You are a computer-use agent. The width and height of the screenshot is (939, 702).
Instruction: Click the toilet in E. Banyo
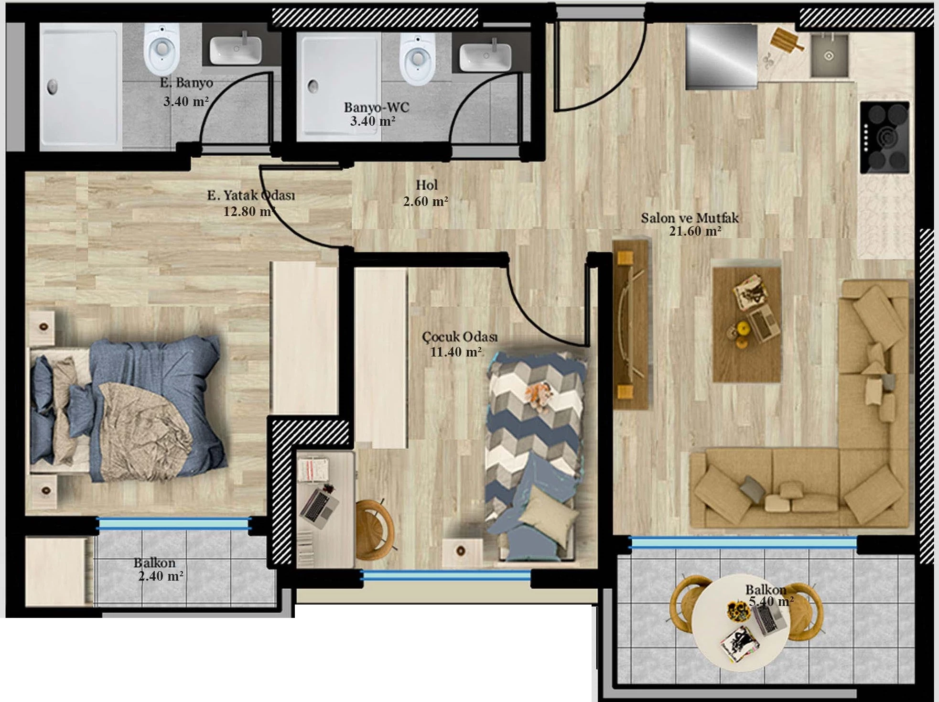pyautogui.click(x=162, y=46)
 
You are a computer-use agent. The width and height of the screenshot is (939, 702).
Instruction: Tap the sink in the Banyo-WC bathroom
pyautogui.click(x=485, y=57)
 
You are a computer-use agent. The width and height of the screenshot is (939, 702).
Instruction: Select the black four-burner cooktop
pyautogui.click(x=885, y=137)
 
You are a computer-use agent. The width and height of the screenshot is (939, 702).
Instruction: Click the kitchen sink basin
pyautogui.click(x=829, y=55)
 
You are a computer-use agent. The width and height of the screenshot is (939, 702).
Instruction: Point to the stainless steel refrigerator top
pyautogui.click(x=722, y=57)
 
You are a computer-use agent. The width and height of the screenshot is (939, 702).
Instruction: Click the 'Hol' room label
pyautogui.click(x=426, y=185)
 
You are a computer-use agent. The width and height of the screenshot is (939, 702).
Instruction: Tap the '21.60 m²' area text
pyautogui.click(x=695, y=232)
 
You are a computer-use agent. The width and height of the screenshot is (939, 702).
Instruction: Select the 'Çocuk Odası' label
pyautogui.click(x=460, y=336)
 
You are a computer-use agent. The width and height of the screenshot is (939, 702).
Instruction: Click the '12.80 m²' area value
pyautogui.click(x=249, y=211)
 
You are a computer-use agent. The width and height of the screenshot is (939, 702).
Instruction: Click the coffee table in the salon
pyautogui.click(x=746, y=324)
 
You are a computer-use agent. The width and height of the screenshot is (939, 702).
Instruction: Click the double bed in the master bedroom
pyautogui.click(x=127, y=409)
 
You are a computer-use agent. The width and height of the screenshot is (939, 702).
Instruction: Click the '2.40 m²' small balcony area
pyautogui.click(x=161, y=576)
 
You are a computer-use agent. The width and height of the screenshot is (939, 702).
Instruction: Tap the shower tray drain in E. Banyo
pyautogui.click(x=52, y=86)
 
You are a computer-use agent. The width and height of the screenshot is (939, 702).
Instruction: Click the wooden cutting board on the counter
pyautogui.click(x=787, y=40)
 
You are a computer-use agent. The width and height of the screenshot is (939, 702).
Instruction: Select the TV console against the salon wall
pyautogui.click(x=630, y=324)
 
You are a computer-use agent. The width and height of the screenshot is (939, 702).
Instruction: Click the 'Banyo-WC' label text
pyautogui.click(x=377, y=107)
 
